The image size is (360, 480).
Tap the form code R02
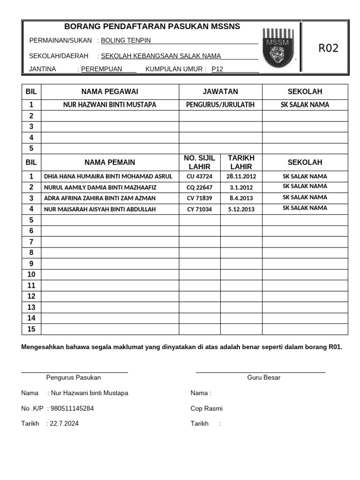pos(328,48)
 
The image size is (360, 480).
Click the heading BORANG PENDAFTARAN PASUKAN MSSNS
pos(152,27)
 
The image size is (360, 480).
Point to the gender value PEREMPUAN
pos(102,69)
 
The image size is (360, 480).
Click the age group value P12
pos(217,69)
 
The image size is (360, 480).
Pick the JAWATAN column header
pos(220,91)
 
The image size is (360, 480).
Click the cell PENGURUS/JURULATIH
pos(220,105)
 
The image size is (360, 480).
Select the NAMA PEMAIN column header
pos(110,162)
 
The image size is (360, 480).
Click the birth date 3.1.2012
pos(241,187)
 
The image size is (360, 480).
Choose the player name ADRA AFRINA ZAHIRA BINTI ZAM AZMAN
pos(100,198)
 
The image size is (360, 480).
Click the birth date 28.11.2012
pos(241,177)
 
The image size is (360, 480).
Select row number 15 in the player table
pos(31,329)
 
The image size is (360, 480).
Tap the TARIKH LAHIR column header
pos(241,162)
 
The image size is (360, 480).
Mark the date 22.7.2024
pos(64,424)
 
